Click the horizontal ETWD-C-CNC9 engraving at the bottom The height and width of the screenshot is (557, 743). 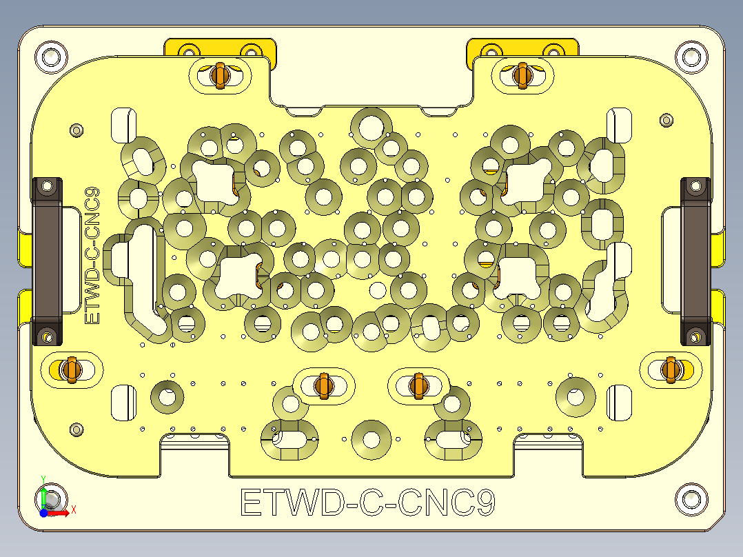368,503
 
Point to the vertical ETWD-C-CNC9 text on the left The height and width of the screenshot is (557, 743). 92,256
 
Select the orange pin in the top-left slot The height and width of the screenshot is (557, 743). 220,76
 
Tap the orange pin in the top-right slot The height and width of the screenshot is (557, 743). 522,75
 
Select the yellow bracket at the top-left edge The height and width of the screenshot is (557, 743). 220,48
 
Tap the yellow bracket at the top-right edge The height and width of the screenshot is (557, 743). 522,48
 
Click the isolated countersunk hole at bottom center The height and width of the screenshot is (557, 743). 371,439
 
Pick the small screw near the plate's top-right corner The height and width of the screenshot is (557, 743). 666,119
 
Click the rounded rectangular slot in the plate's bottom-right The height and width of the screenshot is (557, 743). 618,401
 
